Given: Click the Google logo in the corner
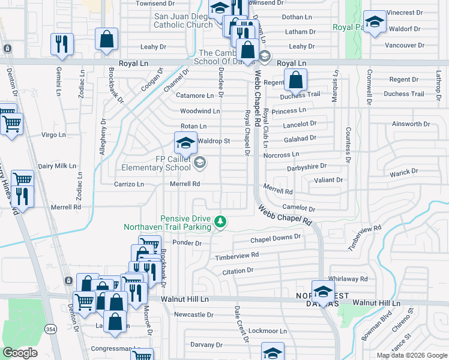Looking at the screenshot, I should pos(20,353).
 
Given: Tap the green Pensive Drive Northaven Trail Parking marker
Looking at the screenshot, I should pos(221,223).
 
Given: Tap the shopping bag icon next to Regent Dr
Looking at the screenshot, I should pos(295,79).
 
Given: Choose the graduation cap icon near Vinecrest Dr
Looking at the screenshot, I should pos(375,23).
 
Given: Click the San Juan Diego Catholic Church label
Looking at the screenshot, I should pos(181,21).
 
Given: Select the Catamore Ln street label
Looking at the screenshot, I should pos(194,95).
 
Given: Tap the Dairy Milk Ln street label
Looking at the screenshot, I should pos(57,166).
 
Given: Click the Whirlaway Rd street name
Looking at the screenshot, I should pos(348,279).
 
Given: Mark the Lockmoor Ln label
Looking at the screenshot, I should pos(268,331).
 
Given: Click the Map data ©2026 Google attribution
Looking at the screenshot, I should pos(412,355).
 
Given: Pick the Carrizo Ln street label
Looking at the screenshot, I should pos(129,185).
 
